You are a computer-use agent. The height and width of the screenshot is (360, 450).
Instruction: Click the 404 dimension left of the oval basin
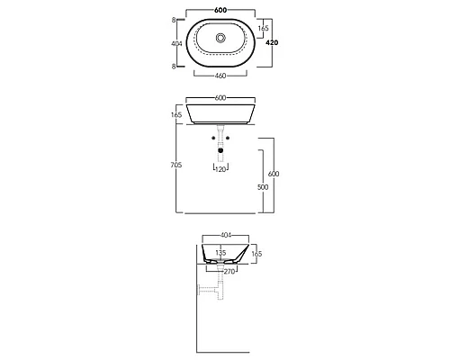(176, 43)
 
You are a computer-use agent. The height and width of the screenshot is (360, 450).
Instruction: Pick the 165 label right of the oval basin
(262, 29)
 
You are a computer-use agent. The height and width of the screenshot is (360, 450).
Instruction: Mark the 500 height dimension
(263, 187)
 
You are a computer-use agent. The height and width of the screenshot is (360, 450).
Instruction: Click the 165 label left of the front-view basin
(176, 116)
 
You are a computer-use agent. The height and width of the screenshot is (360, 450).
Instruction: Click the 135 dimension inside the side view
(221, 254)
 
